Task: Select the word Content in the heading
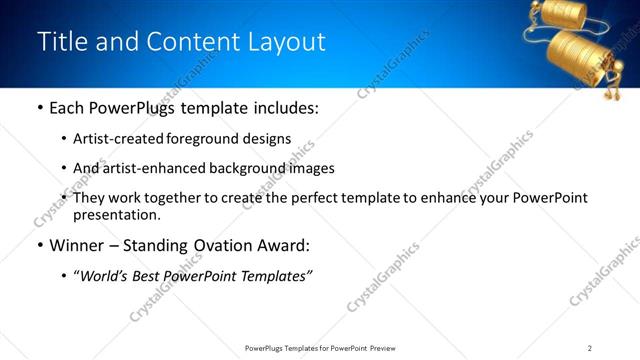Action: (189, 41)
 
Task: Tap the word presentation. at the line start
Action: (117, 214)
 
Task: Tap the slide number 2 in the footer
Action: (590, 348)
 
